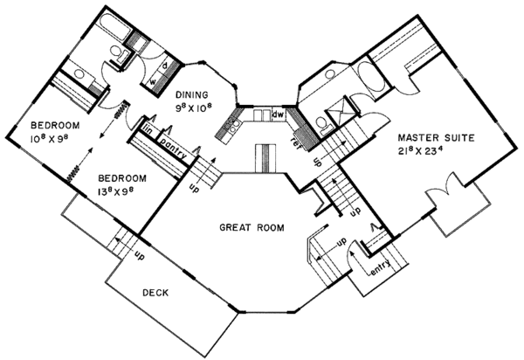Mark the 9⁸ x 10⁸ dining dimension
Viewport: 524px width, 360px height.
[x=194, y=110]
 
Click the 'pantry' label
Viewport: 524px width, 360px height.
[x=176, y=140]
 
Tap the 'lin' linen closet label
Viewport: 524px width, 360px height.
[x=148, y=130]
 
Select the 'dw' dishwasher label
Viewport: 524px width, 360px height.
[x=279, y=114]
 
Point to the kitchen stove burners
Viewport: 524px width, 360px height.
[x=232, y=128]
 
